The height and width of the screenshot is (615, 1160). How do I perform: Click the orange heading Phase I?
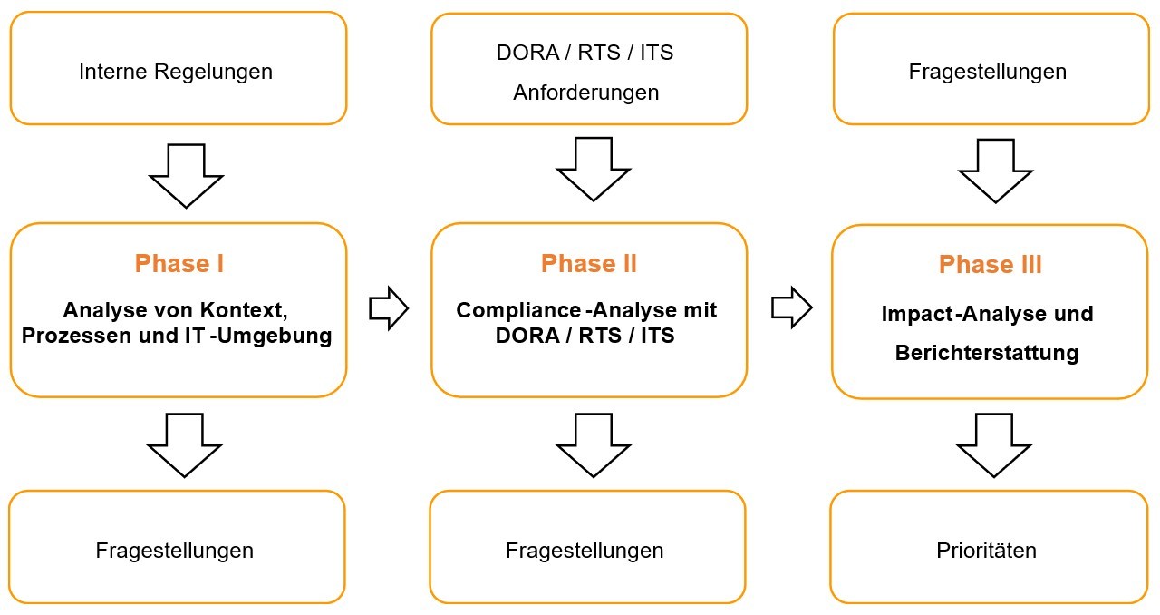point(179,264)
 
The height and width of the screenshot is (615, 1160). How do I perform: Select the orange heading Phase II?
point(588,264)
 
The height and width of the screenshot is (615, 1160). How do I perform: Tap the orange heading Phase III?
point(990,265)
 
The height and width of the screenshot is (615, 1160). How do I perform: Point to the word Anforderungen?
point(586,93)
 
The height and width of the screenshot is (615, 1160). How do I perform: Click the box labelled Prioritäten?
point(988,550)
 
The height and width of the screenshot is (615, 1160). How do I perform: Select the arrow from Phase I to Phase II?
point(389,309)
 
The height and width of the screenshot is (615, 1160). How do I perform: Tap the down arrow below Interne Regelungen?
point(186,174)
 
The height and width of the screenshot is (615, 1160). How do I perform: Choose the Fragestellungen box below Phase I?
point(175,550)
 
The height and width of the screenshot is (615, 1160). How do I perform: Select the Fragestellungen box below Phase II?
point(585,550)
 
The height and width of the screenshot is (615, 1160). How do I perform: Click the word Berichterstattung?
point(986,353)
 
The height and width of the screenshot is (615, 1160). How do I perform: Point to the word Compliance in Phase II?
point(513,311)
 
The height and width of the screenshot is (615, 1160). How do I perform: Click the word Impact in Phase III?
point(913,314)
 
